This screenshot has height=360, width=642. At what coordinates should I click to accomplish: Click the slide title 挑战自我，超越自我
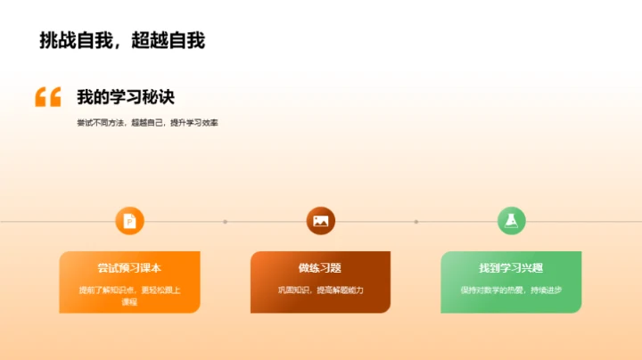tap(122, 41)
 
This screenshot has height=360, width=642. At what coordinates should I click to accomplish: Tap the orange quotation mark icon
tap(48, 97)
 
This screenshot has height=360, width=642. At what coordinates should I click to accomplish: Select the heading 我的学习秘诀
tap(125, 97)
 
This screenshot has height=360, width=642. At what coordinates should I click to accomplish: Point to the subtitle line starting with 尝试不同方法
tap(147, 123)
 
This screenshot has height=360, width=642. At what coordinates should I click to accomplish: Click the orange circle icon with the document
tap(130, 221)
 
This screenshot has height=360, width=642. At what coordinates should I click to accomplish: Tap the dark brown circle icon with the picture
tap(321, 221)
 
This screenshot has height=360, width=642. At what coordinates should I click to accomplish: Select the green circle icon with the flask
tap(511, 221)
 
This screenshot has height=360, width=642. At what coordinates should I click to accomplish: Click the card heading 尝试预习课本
tap(129, 267)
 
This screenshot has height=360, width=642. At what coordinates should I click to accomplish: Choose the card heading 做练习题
tap(320, 267)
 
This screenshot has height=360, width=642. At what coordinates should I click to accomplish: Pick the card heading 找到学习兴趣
tap(511, 267)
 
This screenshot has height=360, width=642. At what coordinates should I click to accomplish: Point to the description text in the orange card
tap(129, 295)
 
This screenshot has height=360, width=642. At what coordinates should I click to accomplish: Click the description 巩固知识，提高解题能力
tap(320, 290)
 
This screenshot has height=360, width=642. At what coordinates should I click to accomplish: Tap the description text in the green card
tap(511, 290)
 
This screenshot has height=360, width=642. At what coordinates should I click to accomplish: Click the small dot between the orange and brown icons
tap(226, 221)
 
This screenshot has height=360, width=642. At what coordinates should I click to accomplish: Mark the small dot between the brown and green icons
tap(416, 221)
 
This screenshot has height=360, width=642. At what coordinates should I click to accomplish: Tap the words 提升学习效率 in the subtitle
tap(193, 123)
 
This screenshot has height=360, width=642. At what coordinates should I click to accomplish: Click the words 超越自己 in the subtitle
tap(147, 123)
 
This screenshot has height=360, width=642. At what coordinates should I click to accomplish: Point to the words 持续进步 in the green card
tap(546, 290)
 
